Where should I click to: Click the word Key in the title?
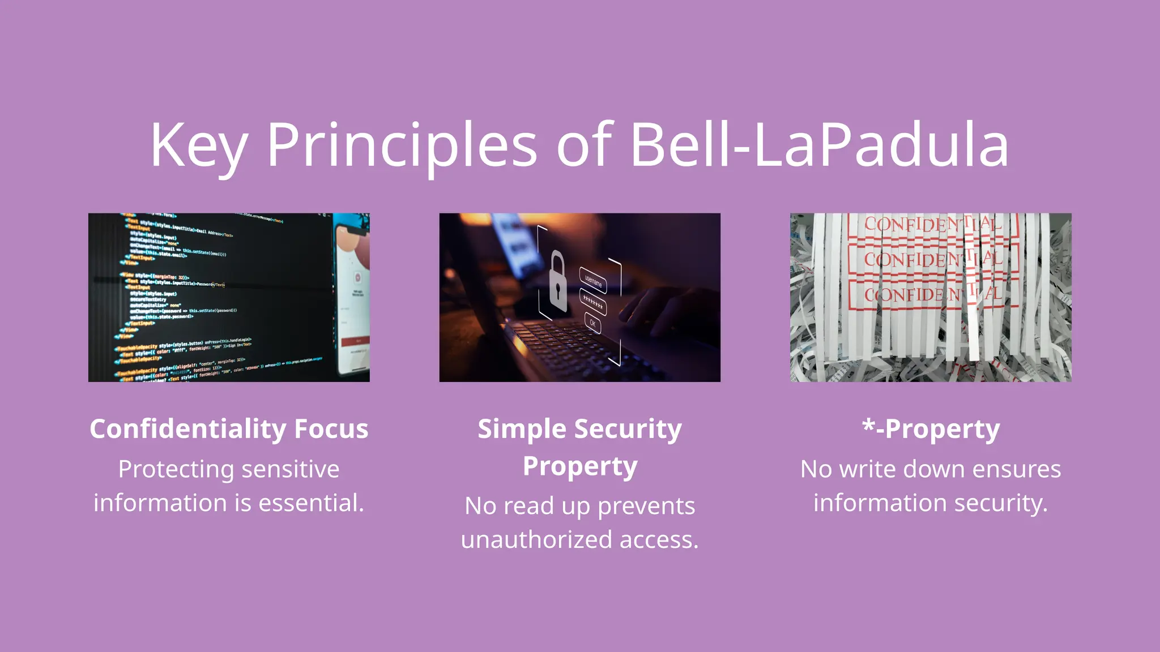pos(198,146)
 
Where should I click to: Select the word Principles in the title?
pos(402,146)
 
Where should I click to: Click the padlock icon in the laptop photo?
pos(558,282)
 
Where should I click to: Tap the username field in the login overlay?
pos(594,280)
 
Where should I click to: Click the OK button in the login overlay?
pos(592,323)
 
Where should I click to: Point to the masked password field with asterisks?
pos(593,302)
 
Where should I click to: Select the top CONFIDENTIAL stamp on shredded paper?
pos(932,225)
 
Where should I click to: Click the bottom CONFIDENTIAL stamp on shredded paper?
pos(932,294)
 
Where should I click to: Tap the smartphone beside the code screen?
pos(352,294)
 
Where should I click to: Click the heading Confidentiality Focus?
pos(229,429)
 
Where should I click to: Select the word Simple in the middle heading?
pos(521,429)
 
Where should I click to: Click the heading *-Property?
pos(931,429)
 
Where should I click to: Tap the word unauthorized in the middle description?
pos(536,539)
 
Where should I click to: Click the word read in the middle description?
pos(528,505)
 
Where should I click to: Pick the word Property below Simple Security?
pos(580,466)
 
